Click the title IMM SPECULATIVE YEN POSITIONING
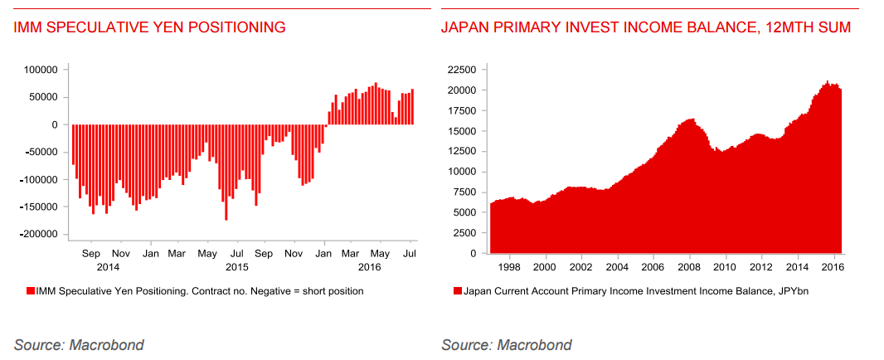coord(150,27)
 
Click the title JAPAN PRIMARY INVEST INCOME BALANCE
coord(645,27)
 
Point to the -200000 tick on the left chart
coord(41,235)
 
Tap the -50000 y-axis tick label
coord(43,152)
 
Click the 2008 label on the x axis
coord(688,267)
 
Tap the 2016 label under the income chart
coord(833,267)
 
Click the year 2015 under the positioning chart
coord(237,267)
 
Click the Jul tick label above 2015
coord(236,252)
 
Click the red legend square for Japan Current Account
coord(457,291)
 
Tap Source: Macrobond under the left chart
coord(79,344)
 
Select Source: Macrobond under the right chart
coord(506,344)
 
